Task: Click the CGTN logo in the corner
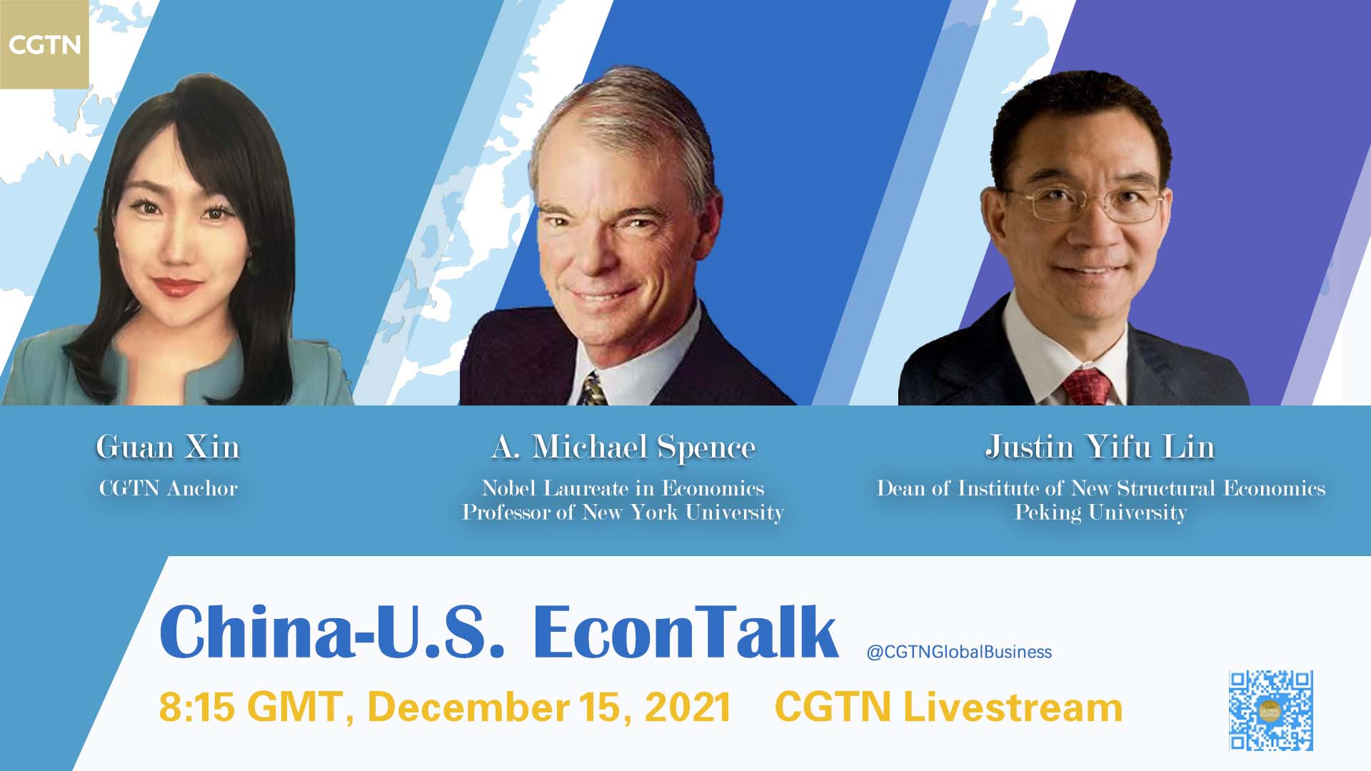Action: click(44, 44)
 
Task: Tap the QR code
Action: click(1271, 710)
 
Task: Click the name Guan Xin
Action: click(168, 448)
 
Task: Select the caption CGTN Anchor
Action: click(169, 488)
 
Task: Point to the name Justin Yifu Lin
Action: click(1100, 448)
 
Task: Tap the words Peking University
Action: click(1100, 513)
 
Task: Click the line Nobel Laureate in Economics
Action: click(623, 488)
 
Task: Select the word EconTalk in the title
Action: click(685, 632)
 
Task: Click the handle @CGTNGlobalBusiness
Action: click(959, 652)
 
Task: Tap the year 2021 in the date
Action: click(688, 707)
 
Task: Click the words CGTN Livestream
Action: click(948, 707)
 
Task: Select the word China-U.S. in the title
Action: click(333, 632)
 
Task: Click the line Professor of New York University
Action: click(623, 513)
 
